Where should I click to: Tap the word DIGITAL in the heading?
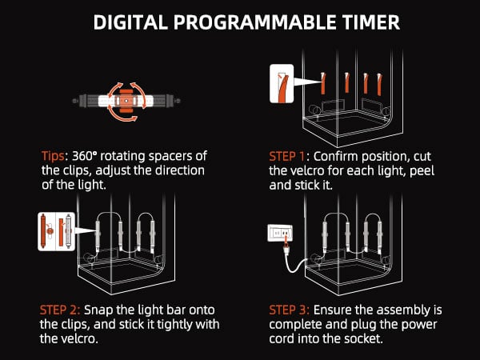click(x=130, y=22)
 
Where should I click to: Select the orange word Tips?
click(x=53, y=156)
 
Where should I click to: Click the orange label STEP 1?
click(x=286, y=156)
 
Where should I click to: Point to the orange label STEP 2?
click(x=60, y=310)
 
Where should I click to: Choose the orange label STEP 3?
click(x=289, y=310)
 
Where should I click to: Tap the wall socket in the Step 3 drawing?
click(x=280, y=234)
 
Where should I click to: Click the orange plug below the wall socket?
click(x=286, y=246)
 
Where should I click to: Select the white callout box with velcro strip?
click(x=282, y=83)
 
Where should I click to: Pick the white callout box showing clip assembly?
click(x=56, y=232)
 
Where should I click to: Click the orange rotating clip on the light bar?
click(x=126, y=101)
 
